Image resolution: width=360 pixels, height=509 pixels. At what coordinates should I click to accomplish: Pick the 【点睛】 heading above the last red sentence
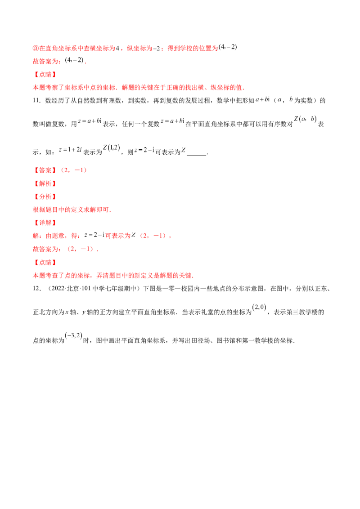point(45,263)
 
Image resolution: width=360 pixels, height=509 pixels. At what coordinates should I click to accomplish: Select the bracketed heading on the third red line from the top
point(45,75)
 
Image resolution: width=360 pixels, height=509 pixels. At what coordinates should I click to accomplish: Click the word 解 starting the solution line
point(35,236)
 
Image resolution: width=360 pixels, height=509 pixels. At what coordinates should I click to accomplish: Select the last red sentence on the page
point(113,276)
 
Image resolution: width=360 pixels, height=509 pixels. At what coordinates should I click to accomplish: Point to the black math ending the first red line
point(227,47)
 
